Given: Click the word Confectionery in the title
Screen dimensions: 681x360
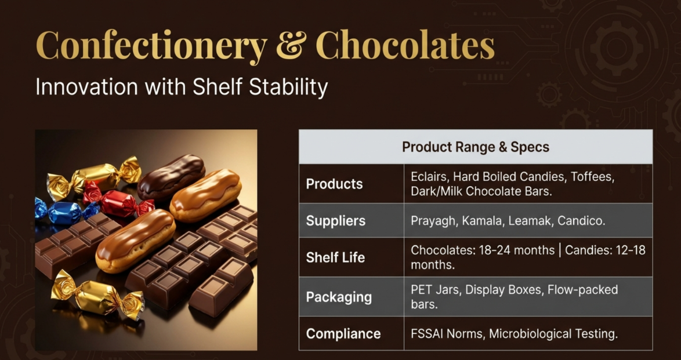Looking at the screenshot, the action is pyautogui.click(x=151, y=46).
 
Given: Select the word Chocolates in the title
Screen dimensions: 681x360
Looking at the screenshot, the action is pyautogui.click(x=405, y=45).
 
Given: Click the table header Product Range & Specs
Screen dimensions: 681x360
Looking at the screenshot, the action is pyautogui.click(x=476, y=147).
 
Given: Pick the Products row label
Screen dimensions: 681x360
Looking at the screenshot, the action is pyautogui.click(x=335, y=184).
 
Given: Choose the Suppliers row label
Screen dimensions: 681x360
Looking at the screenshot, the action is pyautogui.click(x=336, y=221).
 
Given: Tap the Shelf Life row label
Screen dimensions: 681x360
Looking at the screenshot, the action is pyautogui.click(x=335, y=257).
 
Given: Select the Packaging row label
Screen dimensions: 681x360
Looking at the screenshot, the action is pyautogui.click(x=339, y=297).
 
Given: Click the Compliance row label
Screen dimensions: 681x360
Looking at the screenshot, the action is pyautogui.click(x=343, y=333).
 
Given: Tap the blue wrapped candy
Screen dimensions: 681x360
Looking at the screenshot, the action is pyautogui.click(x=65, y=212).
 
